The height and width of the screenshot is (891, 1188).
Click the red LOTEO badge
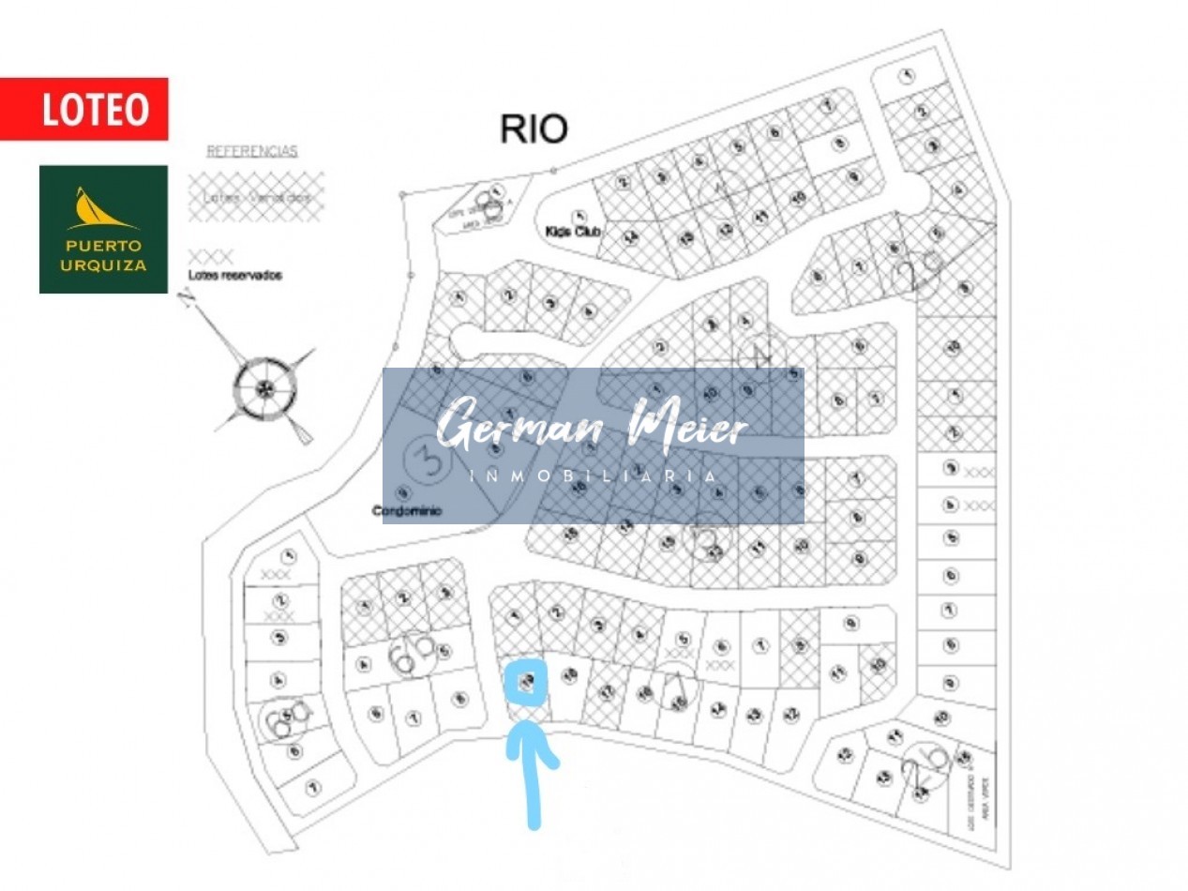click(84, 109)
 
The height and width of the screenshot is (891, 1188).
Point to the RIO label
click(534, 129)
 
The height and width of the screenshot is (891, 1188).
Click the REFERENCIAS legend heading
click(251, 151)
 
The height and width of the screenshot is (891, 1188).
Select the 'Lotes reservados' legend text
click(235, 276)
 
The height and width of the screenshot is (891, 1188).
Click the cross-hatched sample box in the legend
click(255, 196)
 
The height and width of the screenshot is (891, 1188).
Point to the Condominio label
click(407, 511)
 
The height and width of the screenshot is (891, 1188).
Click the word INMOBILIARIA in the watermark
click(593, 477)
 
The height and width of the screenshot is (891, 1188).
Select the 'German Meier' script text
click(593, 430)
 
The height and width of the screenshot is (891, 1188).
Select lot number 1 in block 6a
click(289, 555)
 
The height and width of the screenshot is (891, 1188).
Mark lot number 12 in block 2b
click(846, 754)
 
